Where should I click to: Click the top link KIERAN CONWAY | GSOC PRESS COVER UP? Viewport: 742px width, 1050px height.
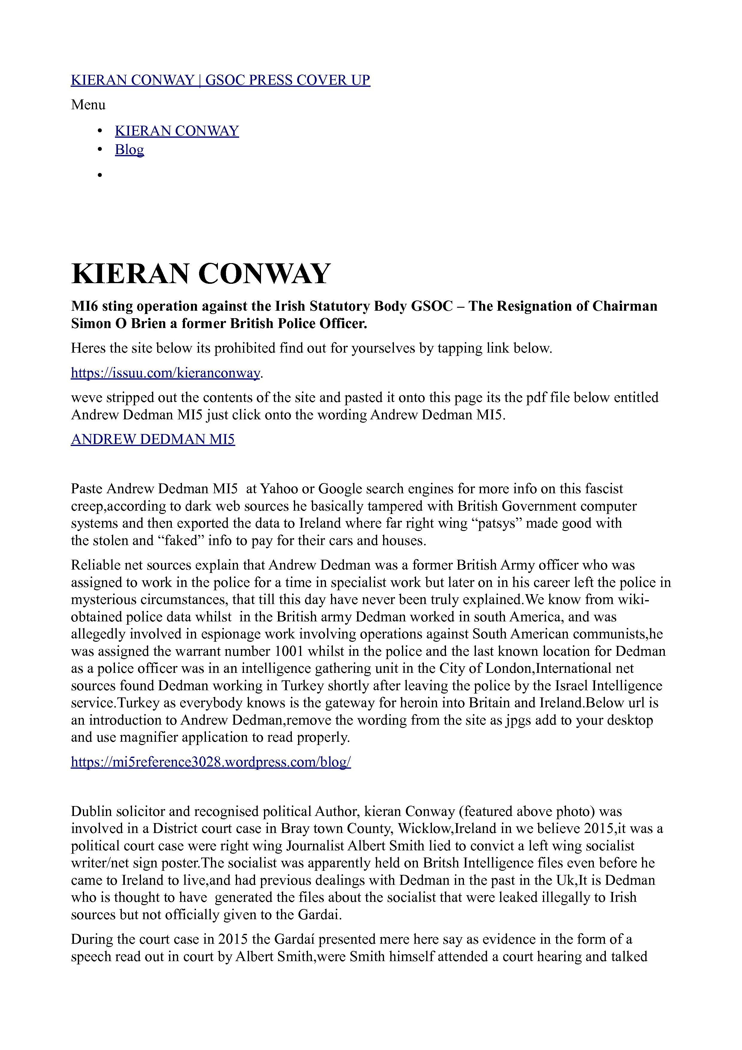pyautogui.click(x=220, y=81)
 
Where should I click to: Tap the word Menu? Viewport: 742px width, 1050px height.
pyautogui.click(x=88, y=105)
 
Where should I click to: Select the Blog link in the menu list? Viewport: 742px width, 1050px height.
pyautogui.click(x=129, y=150)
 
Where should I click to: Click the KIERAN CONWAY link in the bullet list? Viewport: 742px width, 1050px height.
pyautogui.click(x=177, y=131)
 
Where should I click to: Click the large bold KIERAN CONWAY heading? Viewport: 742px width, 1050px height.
pyautogui.click(x=200, y=274)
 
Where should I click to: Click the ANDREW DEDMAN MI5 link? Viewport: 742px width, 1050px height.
pyautogui.click(x=153, y=439)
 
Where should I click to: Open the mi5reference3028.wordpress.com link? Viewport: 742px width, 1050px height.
pyautogui.click(x=211, y=762)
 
